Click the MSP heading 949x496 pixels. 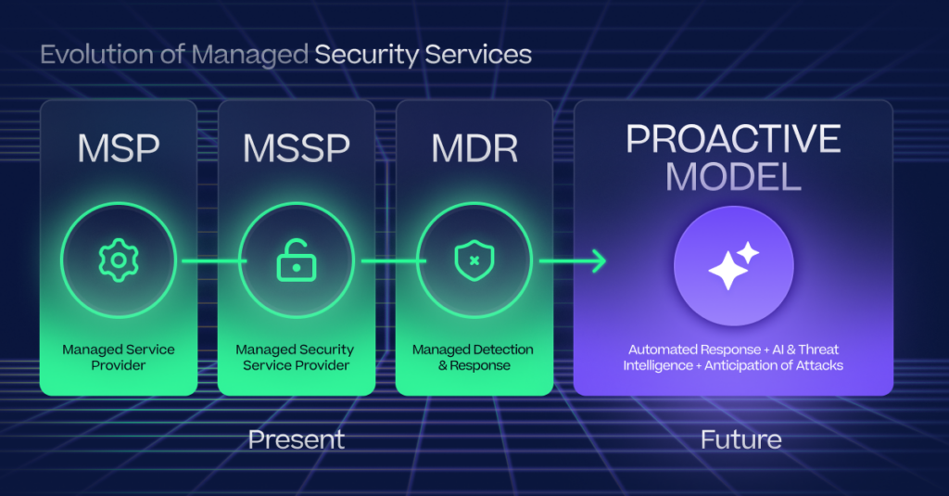118,148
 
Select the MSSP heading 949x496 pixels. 296,148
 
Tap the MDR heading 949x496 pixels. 474,148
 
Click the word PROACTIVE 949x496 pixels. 733,139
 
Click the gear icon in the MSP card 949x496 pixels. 118,262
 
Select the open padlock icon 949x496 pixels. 296,262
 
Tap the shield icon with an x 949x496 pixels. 474,262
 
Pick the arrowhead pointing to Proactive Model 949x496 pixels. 598,262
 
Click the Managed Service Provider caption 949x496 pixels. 118,357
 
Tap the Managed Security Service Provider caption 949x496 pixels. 296,357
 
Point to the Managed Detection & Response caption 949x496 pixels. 474,357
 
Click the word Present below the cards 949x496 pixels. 297,439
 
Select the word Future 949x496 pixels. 740,439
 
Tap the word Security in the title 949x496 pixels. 366,55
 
